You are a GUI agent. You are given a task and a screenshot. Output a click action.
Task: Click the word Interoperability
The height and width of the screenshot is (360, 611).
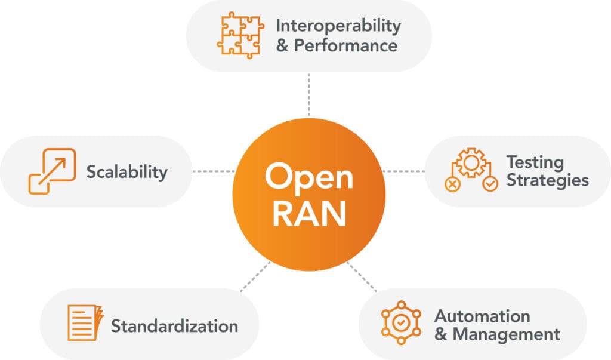coord(338,26)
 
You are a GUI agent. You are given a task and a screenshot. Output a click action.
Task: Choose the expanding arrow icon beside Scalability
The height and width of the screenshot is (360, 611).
coord(52,171)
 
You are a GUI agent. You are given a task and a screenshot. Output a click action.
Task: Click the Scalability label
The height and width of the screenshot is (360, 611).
coord(126,172)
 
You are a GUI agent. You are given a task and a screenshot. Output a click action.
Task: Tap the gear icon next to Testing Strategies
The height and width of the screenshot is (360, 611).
coord(471,171)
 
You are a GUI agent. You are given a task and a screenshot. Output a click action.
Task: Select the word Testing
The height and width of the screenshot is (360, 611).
coord(535,162)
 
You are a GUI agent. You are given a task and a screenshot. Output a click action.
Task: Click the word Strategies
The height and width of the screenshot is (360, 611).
coord(547,180)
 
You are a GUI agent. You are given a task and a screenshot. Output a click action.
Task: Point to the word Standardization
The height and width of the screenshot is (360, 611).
coord(174,326)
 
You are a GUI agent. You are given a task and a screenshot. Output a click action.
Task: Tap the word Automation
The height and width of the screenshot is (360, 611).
coord(482,315)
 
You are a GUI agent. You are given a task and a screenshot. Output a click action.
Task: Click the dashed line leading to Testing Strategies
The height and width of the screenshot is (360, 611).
coord(404,171)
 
